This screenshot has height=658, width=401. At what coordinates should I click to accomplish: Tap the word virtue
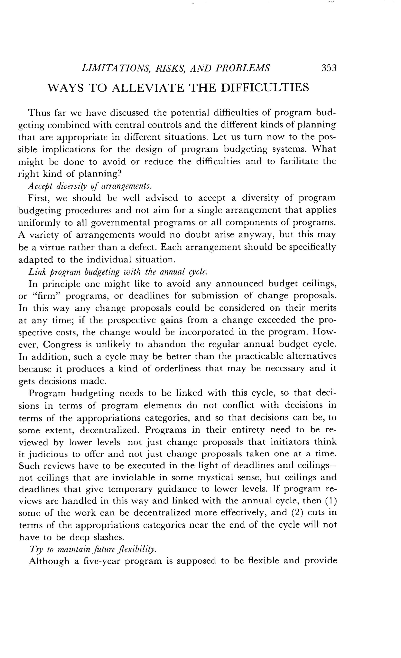tap(51, 247)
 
